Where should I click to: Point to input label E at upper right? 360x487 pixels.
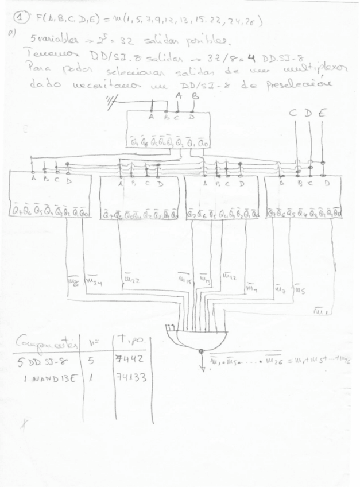tap(322, 114)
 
